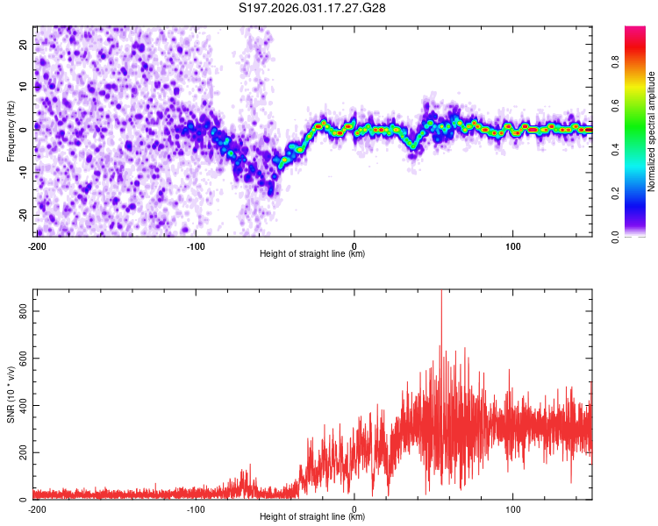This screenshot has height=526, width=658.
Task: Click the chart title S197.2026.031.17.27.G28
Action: pyautogui.click(x=313, y=8)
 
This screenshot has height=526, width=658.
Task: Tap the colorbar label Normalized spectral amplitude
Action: pyautogui.click(x=652, y=131)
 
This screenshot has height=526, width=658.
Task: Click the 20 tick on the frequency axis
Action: pyautogui.click(x=24, y=43)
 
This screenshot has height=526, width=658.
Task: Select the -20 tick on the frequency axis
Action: pyautogui.click(x=22, y=215)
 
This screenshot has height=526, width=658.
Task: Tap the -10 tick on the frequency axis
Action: pyautogui.click(x=22, y=172)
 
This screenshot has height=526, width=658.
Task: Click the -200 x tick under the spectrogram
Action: pyautogui.click(x=37, y=245)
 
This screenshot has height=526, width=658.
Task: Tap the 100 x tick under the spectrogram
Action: pyautogui.click(x=513, y=245)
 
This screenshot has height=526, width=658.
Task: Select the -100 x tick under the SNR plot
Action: pyautogui.click(x=195, y=508)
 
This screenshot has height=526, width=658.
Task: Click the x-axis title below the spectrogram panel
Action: pyautogui.click(x=312, y=254)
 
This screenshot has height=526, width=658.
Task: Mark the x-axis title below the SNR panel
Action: pyautogui.click(x=312, y=517)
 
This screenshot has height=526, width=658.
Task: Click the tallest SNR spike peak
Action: pyautogui.click(x=441, y=293)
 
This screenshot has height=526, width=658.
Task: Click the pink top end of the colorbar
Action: pyautogui.click(x=635, y=32)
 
